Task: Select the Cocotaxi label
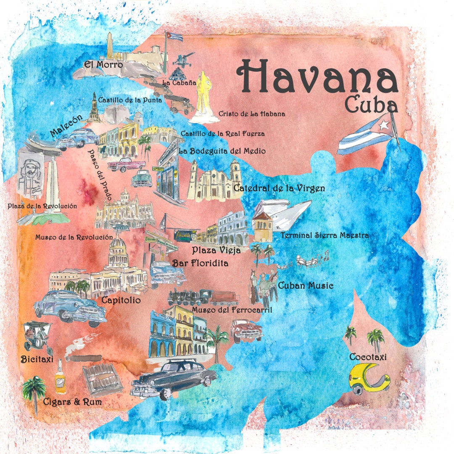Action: pyautogui.click(x=368, y=357)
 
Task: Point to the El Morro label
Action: pyautogui.click(x=103, y=65)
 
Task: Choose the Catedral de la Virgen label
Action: pyautogui.click(x=279, y=188)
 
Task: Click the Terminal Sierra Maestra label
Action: pyautogui.click(x=325, y=235)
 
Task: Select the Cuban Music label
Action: pyautogui.click(x=306, y=286)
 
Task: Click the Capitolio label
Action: pyautogui.click(x=121, y=301)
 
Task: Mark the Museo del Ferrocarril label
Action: pyautogui.click(x=232, y=310)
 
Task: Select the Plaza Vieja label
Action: pyautogui.click(x=216, y=250)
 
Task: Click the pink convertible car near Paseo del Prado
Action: pyautogui.click(x=125, y=164)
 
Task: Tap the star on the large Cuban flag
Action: pyautogui.click(x=383, y=125)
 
